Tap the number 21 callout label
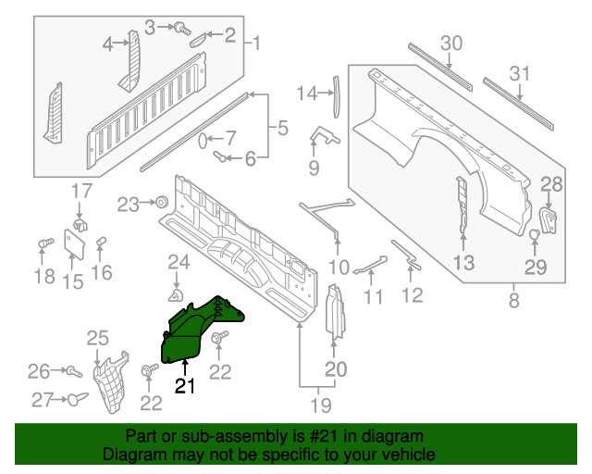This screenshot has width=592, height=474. [185, 386]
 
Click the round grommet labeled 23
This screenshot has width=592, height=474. [160, 202]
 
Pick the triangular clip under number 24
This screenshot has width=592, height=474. [173, 295]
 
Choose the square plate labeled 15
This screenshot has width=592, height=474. [73, 242]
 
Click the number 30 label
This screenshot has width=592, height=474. [450, 43]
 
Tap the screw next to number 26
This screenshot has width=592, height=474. [69, 371]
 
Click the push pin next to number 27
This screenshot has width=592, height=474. [75, 399]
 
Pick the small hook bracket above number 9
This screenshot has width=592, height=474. [321, 137]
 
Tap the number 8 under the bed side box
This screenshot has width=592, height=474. [513, 300]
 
